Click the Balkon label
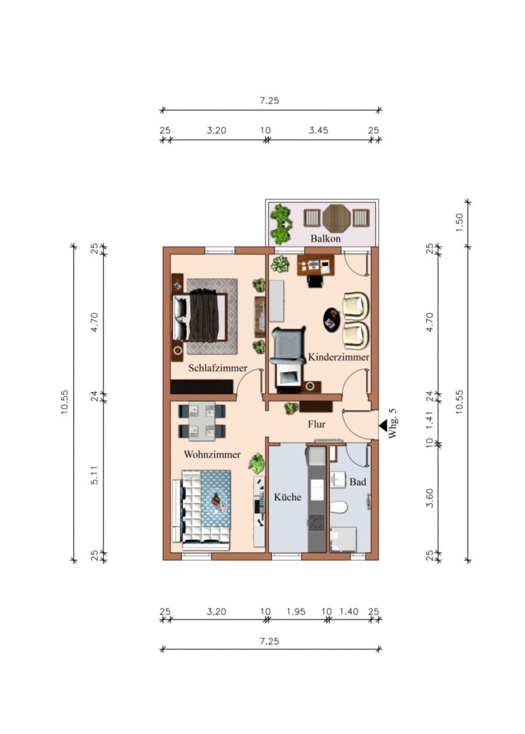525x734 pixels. click(x=326, y=238)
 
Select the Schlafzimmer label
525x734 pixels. click(x=218, y=368)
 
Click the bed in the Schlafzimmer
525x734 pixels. click(x=200, y=316)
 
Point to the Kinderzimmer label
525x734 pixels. click(x=338, y=357)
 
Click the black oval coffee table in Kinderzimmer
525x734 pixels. click(x=332, y=320)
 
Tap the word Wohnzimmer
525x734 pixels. click(x=212, y=454)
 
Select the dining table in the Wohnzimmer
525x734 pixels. click(x=202, y=420)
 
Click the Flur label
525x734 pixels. click(x=316, y=424)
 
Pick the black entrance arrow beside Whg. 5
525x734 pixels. click(x=382, y=426)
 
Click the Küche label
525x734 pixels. click(x=288, y=497)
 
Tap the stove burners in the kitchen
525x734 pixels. click(x=316, y=523)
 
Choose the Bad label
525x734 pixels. click(x=358, y=482)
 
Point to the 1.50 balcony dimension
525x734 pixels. click(x=459, y=222)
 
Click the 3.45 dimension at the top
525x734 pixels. click(x=318, y=130)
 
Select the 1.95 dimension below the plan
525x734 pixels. click(x=296, y=611)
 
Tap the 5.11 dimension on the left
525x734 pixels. click(x=94, y=475)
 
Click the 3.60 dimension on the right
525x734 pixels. click(x=430, y=498)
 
